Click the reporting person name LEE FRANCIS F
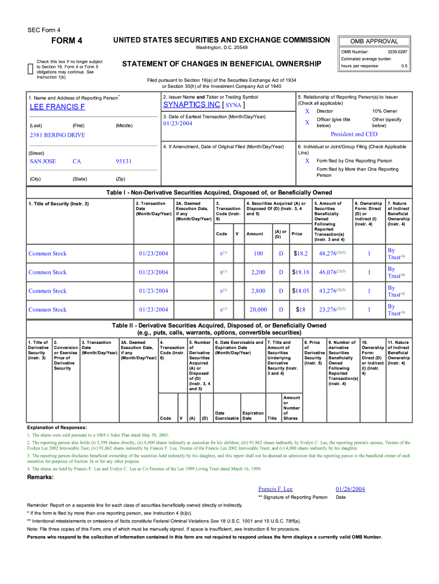coord(58,107)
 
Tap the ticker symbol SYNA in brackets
coord(234,106)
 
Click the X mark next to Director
coord(307,111)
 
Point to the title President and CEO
coord(354,134)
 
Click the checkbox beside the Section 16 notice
coord(31,69)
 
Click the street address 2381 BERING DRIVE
coord(57,135)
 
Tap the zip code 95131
coord(124,161)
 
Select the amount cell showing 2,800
coord(258,291)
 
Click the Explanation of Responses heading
coord(57,427)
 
